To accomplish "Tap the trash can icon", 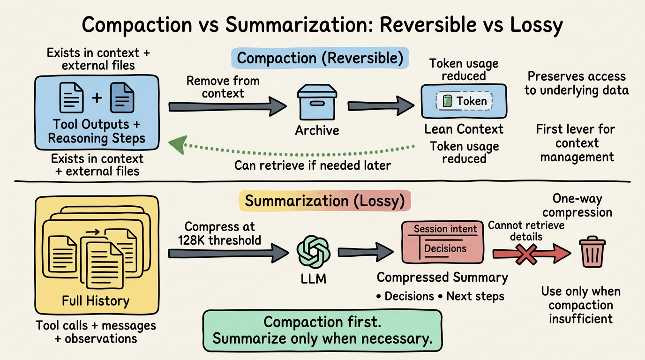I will click(x=592, y=252).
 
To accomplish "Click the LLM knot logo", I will click(x=313, y=251).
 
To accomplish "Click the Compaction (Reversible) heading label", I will click(x=320, y=59).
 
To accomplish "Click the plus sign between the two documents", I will click(x=97, y=98).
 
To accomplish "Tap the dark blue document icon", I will click(x=121, y=98).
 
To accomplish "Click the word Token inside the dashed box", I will click(x=472, y=101).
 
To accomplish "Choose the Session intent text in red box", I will click(x=445, y=229).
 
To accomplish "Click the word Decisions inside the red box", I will click(x=445, y=248).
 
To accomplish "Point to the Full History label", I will click(x=96, y=300).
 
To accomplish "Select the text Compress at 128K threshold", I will click(x=219, y=233).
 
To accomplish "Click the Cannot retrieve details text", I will click(x=526, y=231).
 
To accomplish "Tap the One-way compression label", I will click(x=577, y=205).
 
